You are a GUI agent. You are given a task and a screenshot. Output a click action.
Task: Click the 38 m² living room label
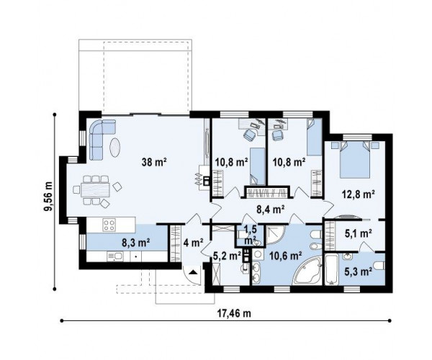coord(154,162)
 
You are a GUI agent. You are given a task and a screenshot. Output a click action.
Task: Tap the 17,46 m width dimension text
coord(234,313)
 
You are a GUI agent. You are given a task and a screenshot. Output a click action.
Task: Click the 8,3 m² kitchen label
coord(136,243)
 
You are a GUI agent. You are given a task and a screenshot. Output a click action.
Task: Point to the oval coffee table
coord(115,148)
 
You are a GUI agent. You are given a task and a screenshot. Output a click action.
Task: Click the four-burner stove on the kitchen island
coord(109,225)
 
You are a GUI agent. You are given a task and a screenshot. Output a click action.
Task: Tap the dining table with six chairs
coord(96,190)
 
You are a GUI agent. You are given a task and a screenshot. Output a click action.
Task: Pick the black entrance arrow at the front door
coord(193,272)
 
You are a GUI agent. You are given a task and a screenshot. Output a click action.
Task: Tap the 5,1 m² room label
coord(359,233)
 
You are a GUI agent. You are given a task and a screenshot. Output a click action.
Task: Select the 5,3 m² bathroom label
coord(358,271)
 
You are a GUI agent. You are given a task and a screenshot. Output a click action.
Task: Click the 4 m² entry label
coord(194,243)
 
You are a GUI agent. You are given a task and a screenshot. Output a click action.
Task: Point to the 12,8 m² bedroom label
coord(359,194)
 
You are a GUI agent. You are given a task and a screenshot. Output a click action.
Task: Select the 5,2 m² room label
coord(228,256)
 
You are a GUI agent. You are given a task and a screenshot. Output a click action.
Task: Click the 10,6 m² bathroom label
coord(285,256)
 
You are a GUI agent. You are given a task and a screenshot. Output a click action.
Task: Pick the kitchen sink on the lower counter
coord(114,257)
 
